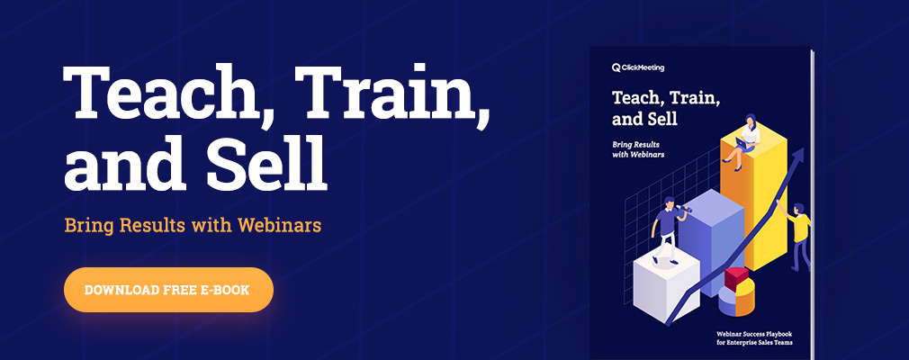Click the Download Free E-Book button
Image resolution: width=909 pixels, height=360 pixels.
(168, 289)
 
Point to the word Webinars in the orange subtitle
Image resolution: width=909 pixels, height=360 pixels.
(279, 225)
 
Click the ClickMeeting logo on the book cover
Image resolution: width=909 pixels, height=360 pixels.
(638, 67)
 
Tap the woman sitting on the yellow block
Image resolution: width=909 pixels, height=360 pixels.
(743, 141)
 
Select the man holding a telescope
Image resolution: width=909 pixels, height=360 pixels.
(669, 229)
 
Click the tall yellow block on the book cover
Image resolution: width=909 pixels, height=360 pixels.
(754, 200)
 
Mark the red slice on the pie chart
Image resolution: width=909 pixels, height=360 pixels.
(736, 278)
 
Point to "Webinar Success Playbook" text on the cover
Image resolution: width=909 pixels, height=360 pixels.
(753, 334)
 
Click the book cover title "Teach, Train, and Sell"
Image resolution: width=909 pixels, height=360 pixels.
(666, 108)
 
